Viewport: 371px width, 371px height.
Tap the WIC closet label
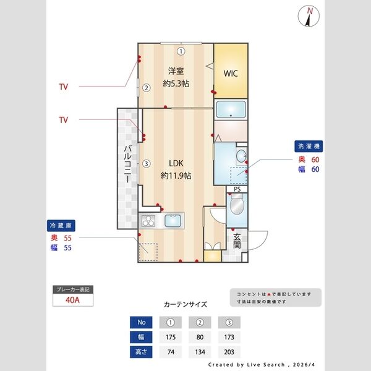click(x=231, y=73)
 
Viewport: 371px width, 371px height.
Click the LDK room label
click(x=176, y=164)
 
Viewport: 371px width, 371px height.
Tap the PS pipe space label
click(x=237, y=189)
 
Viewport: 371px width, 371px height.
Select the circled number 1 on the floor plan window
click(x=181, y=51)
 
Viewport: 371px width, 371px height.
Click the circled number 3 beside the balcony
click(x=146, y=164)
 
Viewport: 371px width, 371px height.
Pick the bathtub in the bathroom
click(x=231, y=110)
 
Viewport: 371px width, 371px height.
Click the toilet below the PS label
click(x=236, y=204)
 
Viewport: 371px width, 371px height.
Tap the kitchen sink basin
click(x=173, y=220)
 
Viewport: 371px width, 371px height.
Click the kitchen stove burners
click(x=149, y=220)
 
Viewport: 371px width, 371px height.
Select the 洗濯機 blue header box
click(x=309, y=147)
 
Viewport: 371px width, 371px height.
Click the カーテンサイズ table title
click(x=185, y=304)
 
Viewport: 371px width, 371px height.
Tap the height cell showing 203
click(x=229, y=352)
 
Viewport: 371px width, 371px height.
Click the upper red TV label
click(x=64, y=87)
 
